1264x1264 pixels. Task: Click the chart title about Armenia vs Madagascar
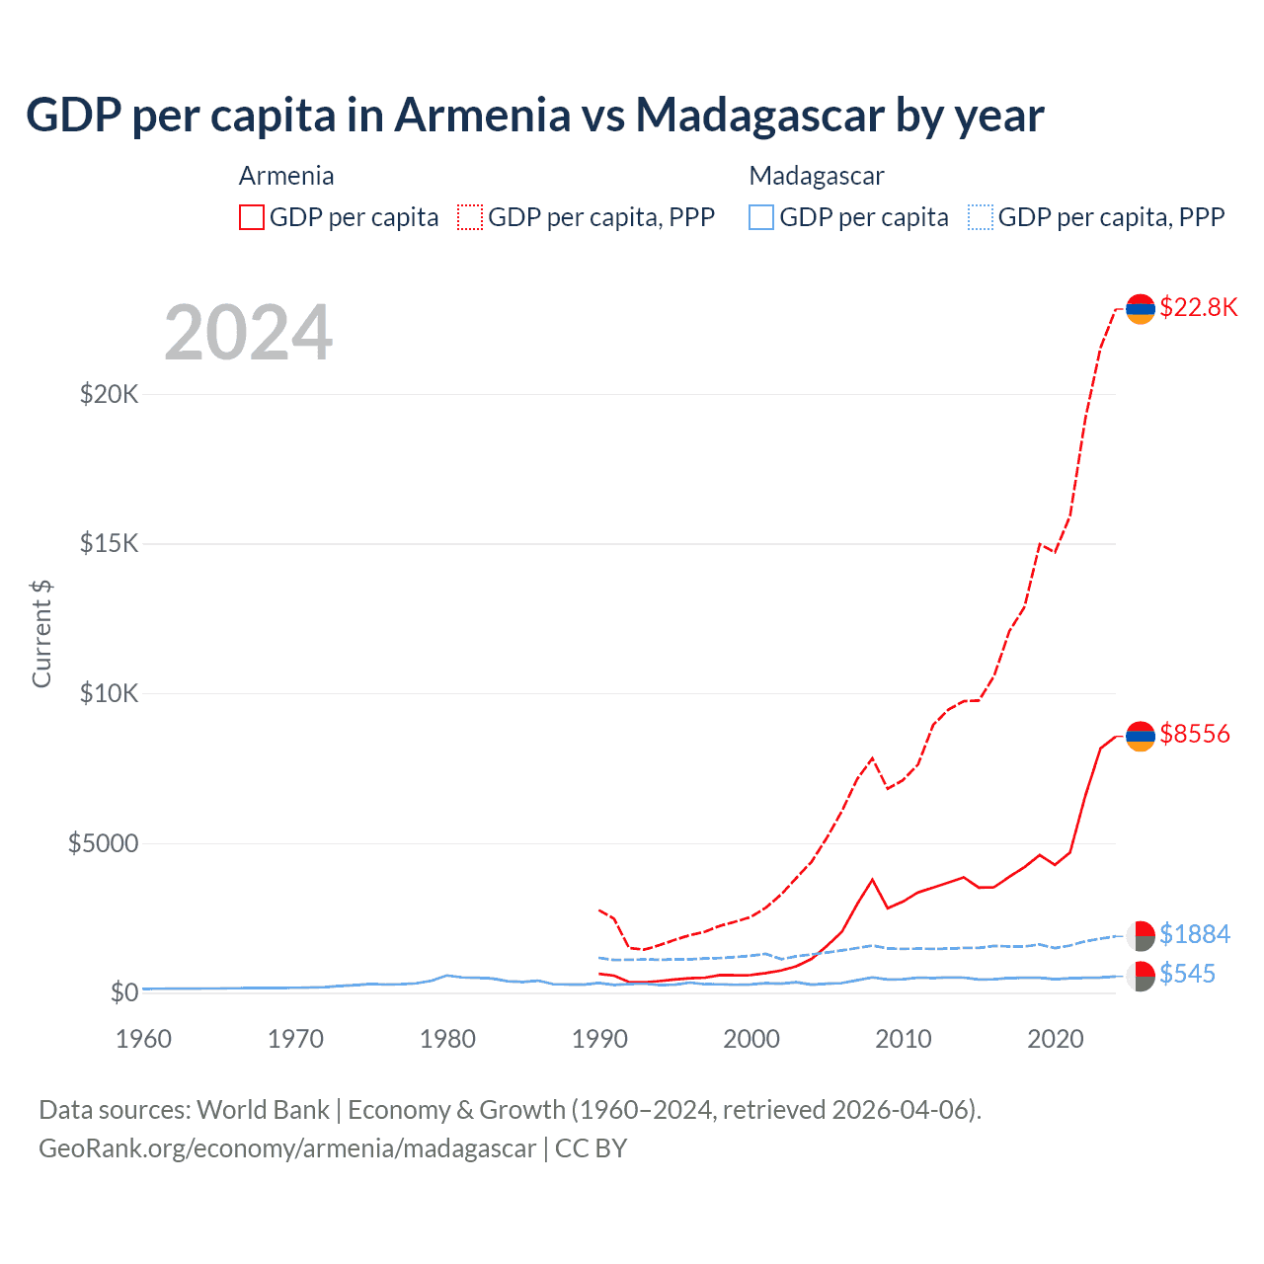[x=534, y=115]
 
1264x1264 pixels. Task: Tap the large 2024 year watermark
[x=248, y=333]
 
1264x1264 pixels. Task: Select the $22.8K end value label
[x=1198, y=307]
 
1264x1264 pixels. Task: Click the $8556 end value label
[x=1194, y=734]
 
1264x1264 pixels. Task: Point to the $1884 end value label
[x=1194, y=934]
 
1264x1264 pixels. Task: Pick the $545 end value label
[x=1187, y=974]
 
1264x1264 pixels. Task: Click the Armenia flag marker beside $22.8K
[x=1141, y=309]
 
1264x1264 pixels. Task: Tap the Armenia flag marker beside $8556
[x=1141, y=736]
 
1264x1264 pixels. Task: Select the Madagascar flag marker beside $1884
[x=1141, y=935]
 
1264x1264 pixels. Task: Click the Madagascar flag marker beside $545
[x=1141, y=976]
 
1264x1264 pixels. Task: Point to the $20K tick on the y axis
[x=109, y=395]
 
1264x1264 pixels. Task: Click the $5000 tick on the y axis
[x=103, y=843]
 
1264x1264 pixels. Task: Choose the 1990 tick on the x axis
[x=599, y=1039]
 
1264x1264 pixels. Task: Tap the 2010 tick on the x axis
[x=904, y=1039]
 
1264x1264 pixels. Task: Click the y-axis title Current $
[x=41, y=634]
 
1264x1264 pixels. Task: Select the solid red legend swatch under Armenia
[x=252, y=217]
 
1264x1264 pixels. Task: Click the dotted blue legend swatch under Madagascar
[x=981, y=217]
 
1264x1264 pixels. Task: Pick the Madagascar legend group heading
[x=817, y=176]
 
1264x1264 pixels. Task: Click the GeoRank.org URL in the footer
[x=287, y=1148]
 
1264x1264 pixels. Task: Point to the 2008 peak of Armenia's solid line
[x=872, y=879]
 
